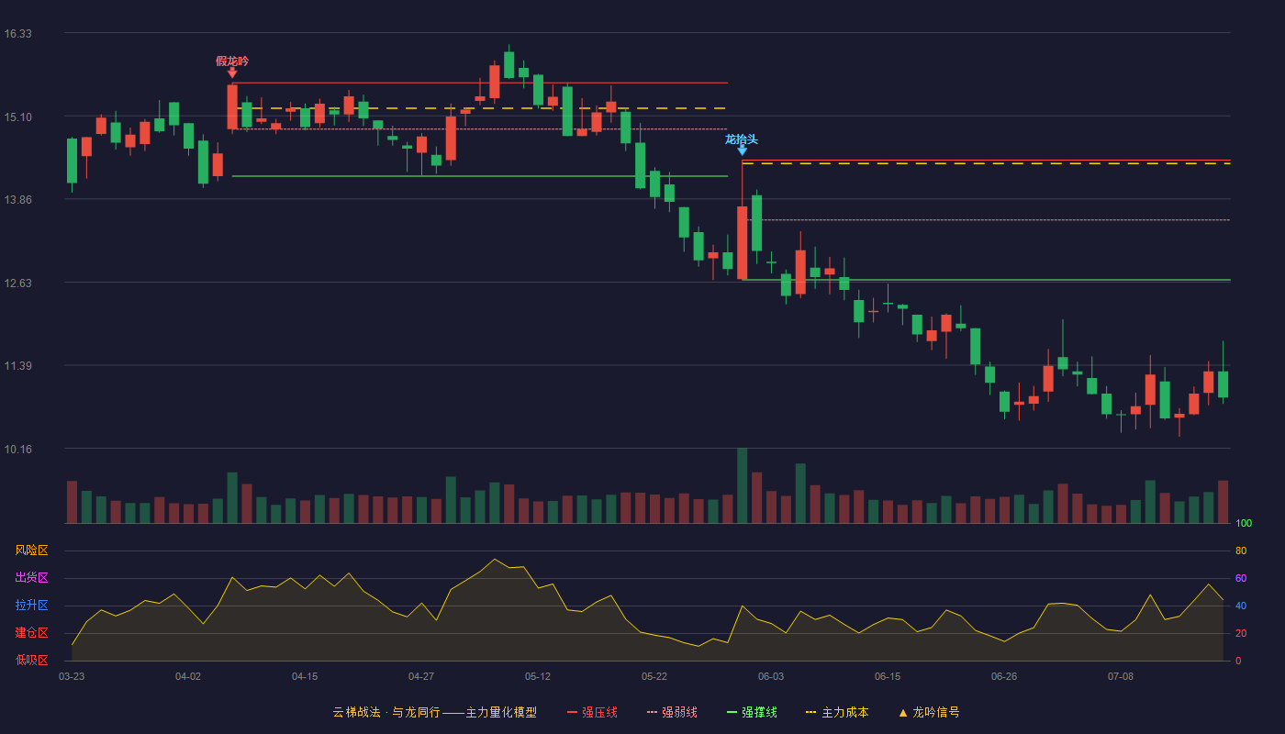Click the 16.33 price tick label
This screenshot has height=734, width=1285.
tap(17, 34)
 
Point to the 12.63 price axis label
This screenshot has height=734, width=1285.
tap(17, 284)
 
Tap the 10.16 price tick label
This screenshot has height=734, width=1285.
tap(17, 449)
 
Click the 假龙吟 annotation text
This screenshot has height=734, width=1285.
tap(232, 61)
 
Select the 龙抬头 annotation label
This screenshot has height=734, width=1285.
tap(742, 139)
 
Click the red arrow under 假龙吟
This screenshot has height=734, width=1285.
tap(232, 72)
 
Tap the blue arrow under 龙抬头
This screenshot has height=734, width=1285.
tap(742, 150)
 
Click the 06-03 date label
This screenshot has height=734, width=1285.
tap(771, 677)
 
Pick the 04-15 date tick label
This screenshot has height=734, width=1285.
tap(305, 677)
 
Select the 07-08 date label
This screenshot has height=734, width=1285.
tap(1121, 677)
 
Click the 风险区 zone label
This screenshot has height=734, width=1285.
tap(31, 550)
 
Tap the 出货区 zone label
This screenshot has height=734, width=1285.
tap(31, 577)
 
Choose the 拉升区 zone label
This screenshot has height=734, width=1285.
tap(31, 605)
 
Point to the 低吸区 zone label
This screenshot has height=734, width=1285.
tap(31, 660)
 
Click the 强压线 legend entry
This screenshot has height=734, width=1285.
tap(592, 712)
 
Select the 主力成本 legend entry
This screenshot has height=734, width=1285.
tap(837, 712)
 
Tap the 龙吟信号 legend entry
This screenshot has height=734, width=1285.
tap(929, 712)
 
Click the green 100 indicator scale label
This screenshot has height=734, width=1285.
tap(1244, 523)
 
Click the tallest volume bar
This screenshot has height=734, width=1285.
tap(742, 485)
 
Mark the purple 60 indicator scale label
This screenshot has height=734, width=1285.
tap(1241, 578)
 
